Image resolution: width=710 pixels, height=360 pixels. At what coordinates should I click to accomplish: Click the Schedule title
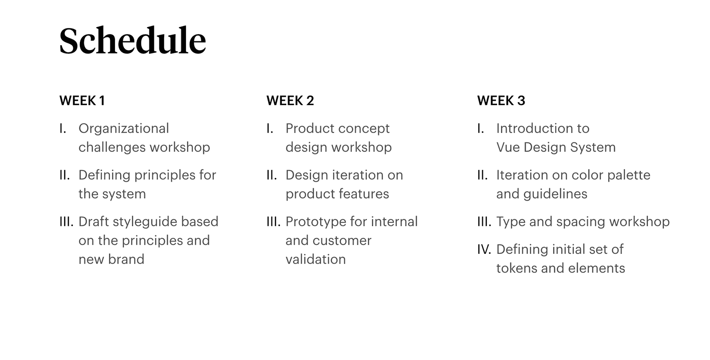tap(133, 40)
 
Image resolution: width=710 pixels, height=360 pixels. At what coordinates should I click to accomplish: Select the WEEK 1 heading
tap(82, 101)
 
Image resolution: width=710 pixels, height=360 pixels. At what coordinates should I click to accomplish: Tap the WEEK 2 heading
tap(290, 101)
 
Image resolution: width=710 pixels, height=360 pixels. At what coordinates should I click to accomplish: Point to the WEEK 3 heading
tap(501, 101)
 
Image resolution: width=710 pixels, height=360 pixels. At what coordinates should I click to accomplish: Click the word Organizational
tap(124, 129)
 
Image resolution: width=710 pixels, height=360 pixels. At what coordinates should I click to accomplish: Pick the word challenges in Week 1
tap(113, 147)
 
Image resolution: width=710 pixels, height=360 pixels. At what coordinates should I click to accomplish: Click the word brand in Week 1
tap(126, 259)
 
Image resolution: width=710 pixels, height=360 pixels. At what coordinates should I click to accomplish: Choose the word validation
tap(316, 259)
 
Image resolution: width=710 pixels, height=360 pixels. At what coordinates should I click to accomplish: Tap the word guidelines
tap(555, 194)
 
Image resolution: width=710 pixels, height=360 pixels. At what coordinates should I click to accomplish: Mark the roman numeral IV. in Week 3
tap(484, 249)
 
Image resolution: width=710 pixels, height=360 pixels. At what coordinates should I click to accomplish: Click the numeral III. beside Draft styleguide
tap(67, 222)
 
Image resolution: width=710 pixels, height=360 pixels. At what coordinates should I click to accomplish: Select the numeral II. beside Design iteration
tap(272, 175)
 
